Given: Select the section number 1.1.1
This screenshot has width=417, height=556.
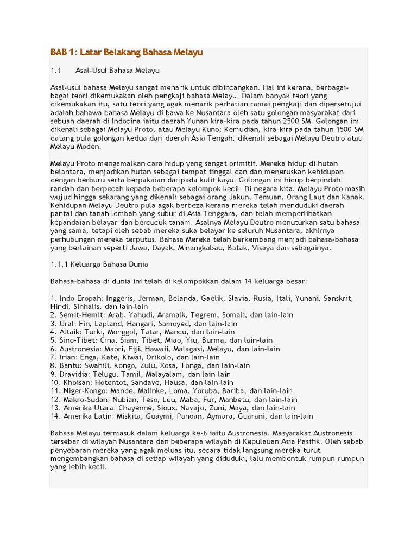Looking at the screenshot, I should point(59,264).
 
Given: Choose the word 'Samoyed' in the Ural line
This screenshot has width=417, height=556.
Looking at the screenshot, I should point(176,324).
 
